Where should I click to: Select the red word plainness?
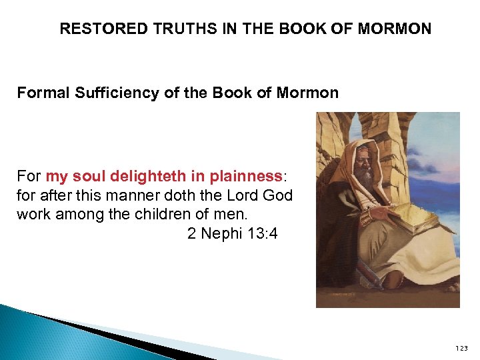click(x=246, y=177)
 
